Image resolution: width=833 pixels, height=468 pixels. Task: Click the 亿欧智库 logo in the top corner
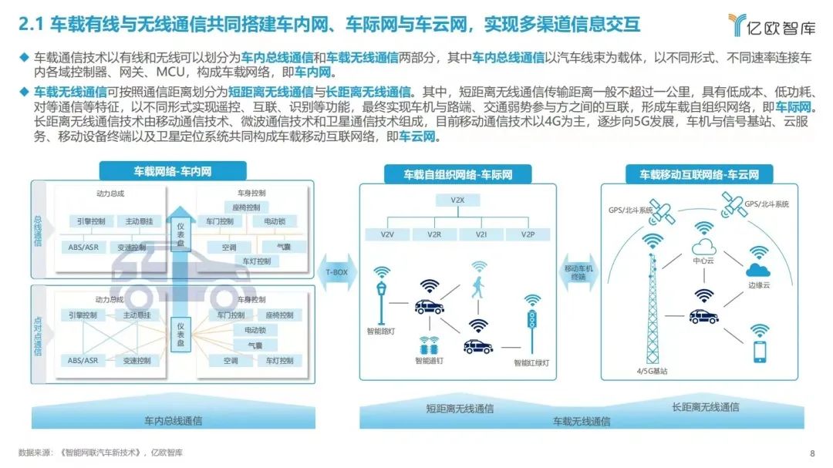coord(771,26)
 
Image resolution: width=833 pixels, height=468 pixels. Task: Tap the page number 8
coord(812,453)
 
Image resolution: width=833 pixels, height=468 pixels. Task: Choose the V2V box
coord(388,234)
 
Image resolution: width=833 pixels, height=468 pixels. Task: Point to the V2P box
coord(528,234)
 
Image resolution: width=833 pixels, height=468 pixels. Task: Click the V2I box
coord(482,234)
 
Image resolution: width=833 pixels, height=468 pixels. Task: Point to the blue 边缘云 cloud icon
coord(758,269)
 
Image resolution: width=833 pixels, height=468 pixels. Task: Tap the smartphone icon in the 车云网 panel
coord(760,352)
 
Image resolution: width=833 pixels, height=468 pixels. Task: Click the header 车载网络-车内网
coord(173,171)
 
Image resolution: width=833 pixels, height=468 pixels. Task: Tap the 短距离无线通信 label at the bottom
coord(460,409)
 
